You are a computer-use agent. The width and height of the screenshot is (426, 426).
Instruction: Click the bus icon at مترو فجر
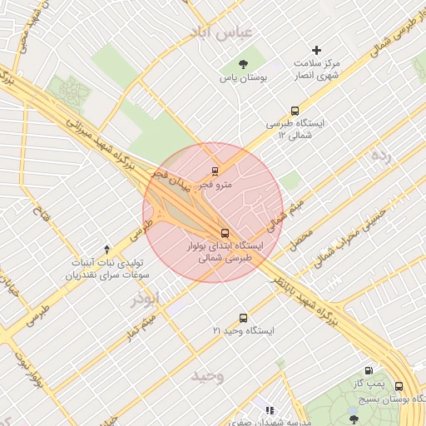tap(215, 172)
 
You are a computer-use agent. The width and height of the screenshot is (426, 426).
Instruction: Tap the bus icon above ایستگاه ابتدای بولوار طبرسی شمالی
tap(225, 233)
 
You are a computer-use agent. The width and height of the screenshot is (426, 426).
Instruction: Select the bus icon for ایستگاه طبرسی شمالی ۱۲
tap(295, 111)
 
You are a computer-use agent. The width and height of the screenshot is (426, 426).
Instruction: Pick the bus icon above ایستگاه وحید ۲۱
tap(243, 317)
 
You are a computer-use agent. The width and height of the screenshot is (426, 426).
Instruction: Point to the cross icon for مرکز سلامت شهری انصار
tap(316, 51)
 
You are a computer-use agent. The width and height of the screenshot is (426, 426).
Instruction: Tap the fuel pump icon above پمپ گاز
tap(369, 371)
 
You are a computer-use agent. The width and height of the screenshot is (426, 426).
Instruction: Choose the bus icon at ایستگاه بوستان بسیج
tap(399, 386)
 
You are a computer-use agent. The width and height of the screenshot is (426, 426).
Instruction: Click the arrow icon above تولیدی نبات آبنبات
tap(106, 249)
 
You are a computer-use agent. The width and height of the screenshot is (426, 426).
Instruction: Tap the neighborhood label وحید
tap(207, 375)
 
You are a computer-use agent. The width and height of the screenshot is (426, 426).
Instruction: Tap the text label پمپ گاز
tap(369, 384)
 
